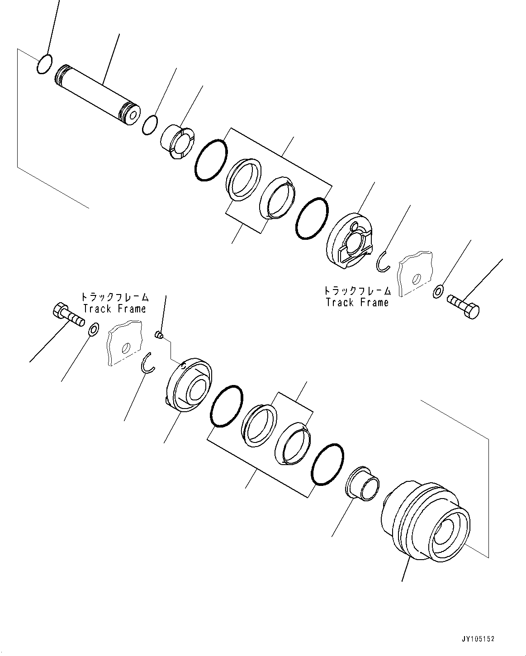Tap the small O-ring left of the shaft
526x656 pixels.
[x=44, y=64]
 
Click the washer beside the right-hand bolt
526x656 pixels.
[x=438, y=292]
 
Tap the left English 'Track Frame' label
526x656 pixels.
[x=114, y=309]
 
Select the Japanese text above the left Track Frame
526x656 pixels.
[x=114, y=297]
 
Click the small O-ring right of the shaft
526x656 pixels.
[x=150, y=124]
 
